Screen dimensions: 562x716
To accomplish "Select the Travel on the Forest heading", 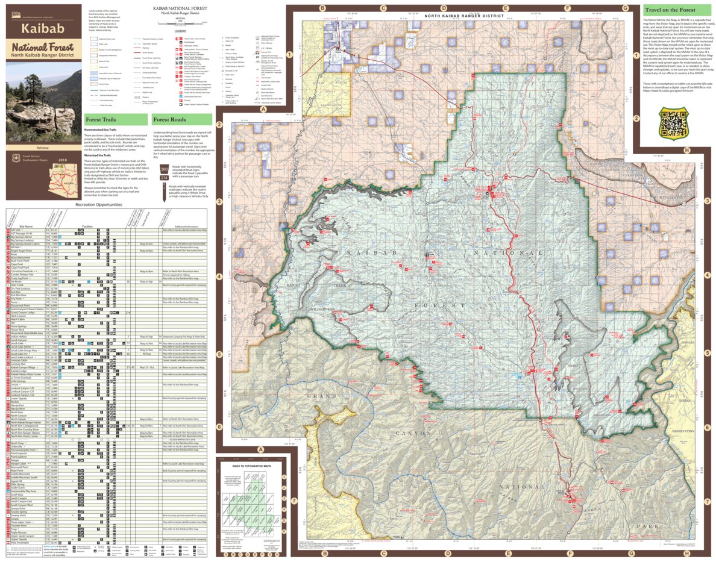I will [x=670, y=10].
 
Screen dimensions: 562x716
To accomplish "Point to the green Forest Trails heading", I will [x=101, y=120].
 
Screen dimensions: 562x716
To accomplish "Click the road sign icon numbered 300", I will [x=165, y=169].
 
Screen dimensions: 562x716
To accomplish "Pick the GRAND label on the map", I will [x=322, y=396].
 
